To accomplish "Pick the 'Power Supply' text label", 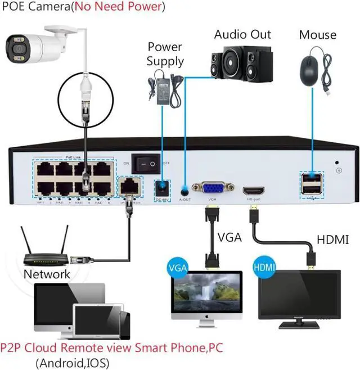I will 165,53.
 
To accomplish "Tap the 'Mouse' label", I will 317,34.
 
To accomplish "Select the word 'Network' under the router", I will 47,274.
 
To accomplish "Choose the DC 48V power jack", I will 163,187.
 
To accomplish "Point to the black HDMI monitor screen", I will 299,296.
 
